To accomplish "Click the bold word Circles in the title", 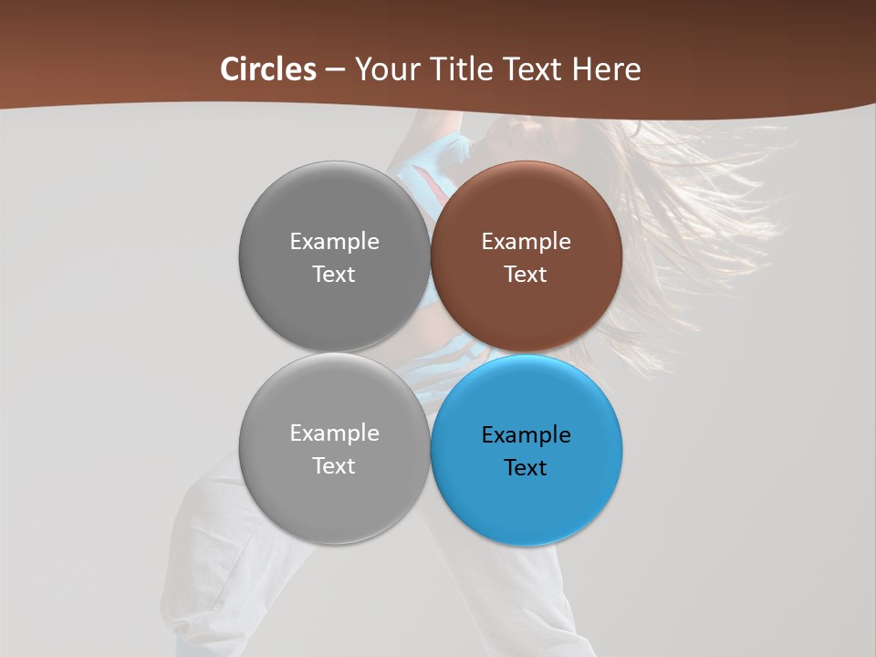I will (x=268, y=69).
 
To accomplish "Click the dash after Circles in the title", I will (x=335, y=70).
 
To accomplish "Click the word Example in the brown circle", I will (x=526, y=242).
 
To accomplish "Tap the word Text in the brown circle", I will (x=526, y=274).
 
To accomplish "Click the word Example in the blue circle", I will (x=526, y=435).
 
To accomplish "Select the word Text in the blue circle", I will (x=526, y=467).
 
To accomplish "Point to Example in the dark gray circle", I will (x=334, y=242).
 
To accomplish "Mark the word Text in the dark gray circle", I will (x=334, y=274).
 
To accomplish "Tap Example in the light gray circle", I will (x=334, y=433).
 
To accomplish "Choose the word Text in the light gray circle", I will (x=334, y=465).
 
